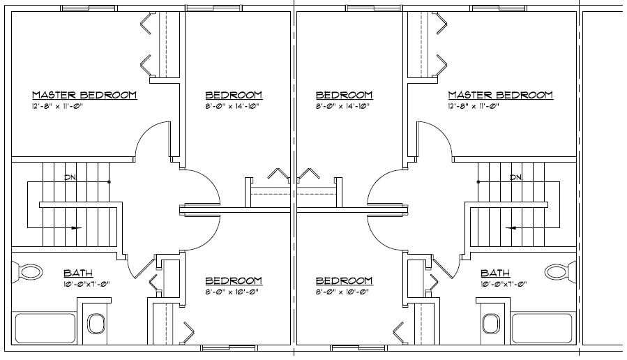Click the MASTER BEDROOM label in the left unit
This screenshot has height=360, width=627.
click(84, 95)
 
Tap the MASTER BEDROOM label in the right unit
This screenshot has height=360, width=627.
click(500, 95)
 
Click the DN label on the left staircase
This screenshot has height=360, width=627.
click(70, 177)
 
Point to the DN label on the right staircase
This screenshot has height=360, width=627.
click(516, 177)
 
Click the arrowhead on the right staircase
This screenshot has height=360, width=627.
click(510, 227)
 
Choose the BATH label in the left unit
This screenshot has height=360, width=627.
click(78, 273)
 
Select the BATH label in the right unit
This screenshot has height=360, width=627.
click(494, 273)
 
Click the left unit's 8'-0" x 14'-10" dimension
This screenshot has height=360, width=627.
click(233, 107)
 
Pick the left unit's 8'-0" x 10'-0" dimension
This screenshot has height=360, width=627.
click(233, 292)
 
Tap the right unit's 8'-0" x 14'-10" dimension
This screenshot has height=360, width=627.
click(343, 107)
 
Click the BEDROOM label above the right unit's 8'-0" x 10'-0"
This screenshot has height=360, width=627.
click(344, 280)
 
